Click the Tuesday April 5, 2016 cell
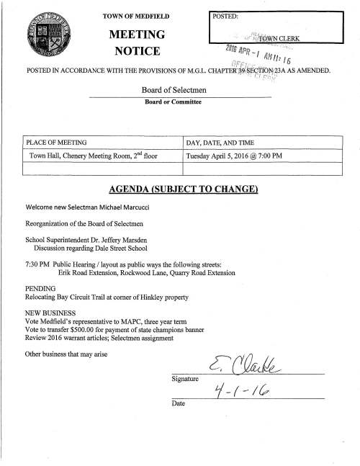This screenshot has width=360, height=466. pos(244,156)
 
